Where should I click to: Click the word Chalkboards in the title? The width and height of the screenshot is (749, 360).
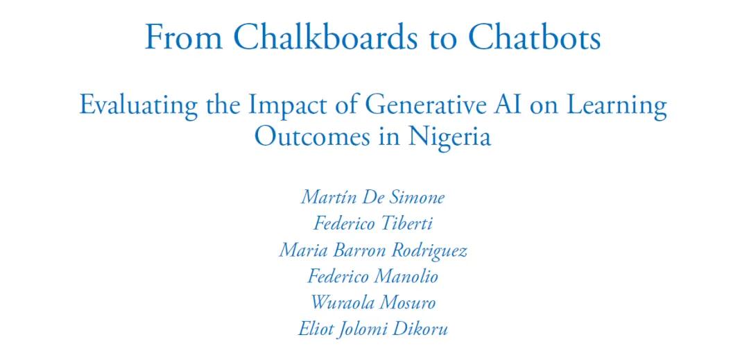[x=324, y=37]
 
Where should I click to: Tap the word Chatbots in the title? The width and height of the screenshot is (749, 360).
[x=534, y=37]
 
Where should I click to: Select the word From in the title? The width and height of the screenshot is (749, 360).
[x=183, y=37]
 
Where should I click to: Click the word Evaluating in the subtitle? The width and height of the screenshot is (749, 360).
[x=139, y=106]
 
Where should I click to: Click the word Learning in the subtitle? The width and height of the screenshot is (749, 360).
[x=617, y=107]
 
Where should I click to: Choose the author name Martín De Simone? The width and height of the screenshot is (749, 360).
[x=372, y=197]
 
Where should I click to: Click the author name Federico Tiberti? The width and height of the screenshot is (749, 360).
[x=372, y=223]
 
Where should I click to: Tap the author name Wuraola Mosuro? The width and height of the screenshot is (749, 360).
[x=373, y=302]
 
